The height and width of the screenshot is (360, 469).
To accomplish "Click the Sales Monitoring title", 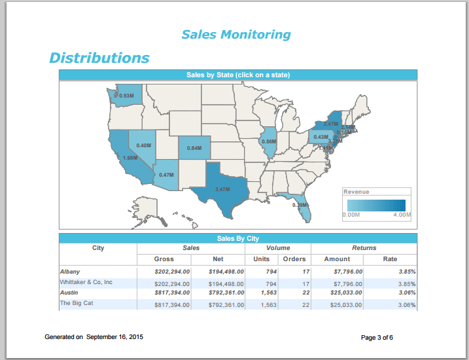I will [235, 35].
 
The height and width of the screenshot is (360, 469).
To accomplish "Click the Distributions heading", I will [99, 58].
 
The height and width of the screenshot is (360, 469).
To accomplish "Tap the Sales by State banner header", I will [237, 75].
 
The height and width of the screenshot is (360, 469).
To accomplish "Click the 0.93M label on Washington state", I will [126, 96].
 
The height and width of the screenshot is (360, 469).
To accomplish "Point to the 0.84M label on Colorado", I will [194, 148].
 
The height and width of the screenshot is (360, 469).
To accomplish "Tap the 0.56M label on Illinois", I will [268, 141].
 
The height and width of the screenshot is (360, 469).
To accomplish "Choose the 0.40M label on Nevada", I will [143, 145].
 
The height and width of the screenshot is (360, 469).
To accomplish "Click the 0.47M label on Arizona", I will [166, 175].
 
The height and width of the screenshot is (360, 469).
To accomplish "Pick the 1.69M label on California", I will [130, 158].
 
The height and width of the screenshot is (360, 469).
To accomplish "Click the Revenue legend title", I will [356, 192].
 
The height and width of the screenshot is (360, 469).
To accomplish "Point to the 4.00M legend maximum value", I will [402, 215].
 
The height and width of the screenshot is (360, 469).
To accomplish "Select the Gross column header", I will [164, 259].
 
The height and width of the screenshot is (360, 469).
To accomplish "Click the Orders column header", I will [294, 259].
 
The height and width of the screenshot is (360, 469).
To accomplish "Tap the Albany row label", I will [69, 270].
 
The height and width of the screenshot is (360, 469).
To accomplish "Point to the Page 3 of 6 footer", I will [377, 338].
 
